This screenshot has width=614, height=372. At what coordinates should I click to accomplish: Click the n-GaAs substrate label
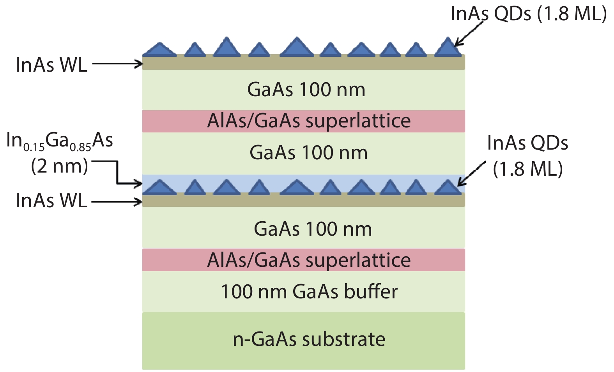309,339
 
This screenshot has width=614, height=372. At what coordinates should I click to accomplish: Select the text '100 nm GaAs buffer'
309,292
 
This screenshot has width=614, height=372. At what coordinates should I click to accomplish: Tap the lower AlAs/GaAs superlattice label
309,260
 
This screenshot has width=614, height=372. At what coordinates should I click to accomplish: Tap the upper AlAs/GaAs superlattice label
309,121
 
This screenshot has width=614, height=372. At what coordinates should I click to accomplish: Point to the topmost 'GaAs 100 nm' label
306,90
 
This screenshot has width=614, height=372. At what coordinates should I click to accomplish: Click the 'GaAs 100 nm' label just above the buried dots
308,153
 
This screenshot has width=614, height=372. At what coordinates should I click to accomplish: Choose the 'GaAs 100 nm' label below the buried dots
313,229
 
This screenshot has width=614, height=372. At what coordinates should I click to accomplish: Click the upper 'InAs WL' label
51,65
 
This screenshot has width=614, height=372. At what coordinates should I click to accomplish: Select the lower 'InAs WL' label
51,201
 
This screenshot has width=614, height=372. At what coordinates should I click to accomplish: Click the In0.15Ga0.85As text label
60,141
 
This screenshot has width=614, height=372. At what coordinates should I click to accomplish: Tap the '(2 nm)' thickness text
59,166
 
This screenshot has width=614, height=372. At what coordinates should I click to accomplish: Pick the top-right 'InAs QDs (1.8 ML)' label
528,14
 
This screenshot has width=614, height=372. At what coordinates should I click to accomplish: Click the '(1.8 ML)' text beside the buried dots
528,169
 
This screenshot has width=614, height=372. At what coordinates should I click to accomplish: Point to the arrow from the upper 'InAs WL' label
117,63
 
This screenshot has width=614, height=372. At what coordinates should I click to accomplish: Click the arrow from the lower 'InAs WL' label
117,202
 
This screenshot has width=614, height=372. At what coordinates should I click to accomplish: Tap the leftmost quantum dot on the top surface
159,49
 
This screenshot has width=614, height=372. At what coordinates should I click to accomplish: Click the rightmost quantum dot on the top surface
448,48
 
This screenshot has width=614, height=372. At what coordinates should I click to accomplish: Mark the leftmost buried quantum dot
159,187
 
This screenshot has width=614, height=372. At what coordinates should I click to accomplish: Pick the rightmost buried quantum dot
448,187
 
